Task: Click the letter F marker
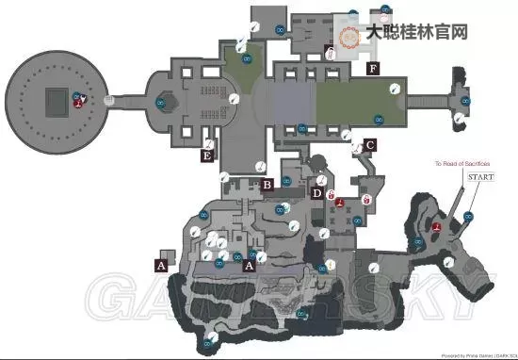pyautogui.click(x=374, y=69)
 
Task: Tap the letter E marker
pyautogui.click(x=207, y=157)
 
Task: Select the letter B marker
pyautogui.click(x=267, y=185)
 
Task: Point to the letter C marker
pyautogui.click(x=370, y=145)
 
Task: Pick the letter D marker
pyautogui.click(x=316, y=194)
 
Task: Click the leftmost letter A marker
pyautogui.click(x=161, y=267)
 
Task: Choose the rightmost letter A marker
pyautogui.click(x=249, y=267)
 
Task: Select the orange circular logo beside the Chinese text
pyautogui.click(x=348, y=32)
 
